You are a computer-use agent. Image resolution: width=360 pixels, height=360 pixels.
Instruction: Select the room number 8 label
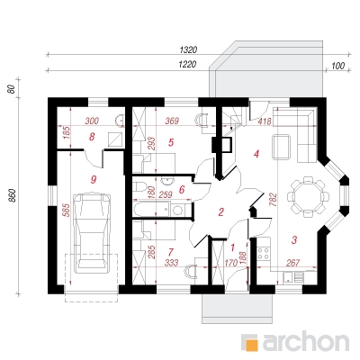[92, 137]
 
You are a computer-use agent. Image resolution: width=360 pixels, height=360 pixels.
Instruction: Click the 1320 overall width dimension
[188, 49]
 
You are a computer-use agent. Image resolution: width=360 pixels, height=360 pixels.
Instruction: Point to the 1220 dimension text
[187, 64]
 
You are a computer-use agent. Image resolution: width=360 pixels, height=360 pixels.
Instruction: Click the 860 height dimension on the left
[13, 196]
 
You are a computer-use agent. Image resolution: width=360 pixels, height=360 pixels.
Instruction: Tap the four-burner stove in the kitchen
[264, 253]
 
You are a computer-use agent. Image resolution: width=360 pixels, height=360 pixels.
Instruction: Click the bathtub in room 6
[150, 209]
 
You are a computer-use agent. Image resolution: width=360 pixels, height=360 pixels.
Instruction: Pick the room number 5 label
[171, 142]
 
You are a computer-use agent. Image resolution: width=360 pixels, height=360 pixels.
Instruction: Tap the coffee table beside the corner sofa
[281, 147]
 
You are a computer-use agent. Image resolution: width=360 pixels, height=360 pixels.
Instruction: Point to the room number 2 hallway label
[220, 212]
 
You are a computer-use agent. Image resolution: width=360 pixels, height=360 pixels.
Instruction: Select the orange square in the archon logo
[251, 343]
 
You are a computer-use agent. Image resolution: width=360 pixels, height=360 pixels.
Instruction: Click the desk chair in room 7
[190, 273]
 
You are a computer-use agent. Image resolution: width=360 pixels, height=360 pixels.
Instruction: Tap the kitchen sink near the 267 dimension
[289, 277]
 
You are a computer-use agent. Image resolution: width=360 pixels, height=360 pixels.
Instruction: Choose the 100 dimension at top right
[338, 66]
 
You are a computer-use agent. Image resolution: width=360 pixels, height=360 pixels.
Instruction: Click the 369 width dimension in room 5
[172, 121]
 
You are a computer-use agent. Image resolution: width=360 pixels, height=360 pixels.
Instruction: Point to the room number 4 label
[256, 154]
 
